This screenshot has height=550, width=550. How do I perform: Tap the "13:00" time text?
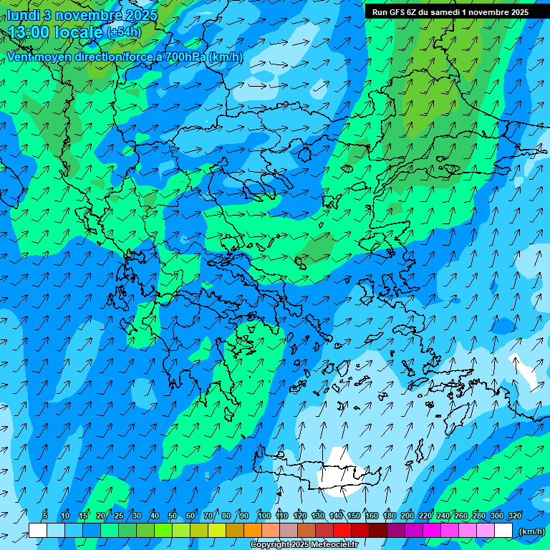(x=28, y=32)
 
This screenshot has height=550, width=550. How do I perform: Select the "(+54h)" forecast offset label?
(x=124, y=32)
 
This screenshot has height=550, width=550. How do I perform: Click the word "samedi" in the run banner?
(x=443, y=12)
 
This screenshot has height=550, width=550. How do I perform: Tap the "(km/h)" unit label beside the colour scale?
(x=531, y=531)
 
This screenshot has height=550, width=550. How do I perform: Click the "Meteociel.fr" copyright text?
(x=321, y=545)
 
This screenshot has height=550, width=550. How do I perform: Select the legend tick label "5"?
(x=45, y=516)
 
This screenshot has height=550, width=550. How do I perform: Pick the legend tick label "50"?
(x=173, y=516)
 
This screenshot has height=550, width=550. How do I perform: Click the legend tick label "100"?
(x=264, y=516)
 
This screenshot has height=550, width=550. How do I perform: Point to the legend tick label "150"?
(x=354, y=516)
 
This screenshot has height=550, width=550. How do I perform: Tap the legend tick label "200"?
(x=407, y=516)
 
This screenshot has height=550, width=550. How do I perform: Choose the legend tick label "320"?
(x=515, y=516)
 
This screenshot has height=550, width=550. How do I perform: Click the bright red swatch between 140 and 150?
(x=344, y=531)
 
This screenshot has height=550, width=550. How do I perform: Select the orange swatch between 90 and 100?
(x=253, y=531)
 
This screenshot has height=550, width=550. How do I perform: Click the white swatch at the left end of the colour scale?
(x=37, y=531)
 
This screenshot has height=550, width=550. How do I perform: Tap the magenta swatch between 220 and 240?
(x=434, y=531)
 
